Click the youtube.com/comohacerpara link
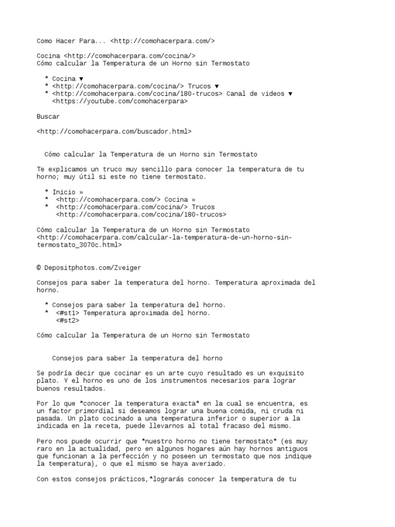coord(120,101)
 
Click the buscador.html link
coord(114,132)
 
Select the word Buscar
coord(48,116)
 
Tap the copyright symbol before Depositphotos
coord(39,268)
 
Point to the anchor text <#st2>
coord(67,320)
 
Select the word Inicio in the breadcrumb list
coord(64,192)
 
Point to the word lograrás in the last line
coord(170,479)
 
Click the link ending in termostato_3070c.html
coord(165,241)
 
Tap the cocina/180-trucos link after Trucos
coord(141,215)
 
